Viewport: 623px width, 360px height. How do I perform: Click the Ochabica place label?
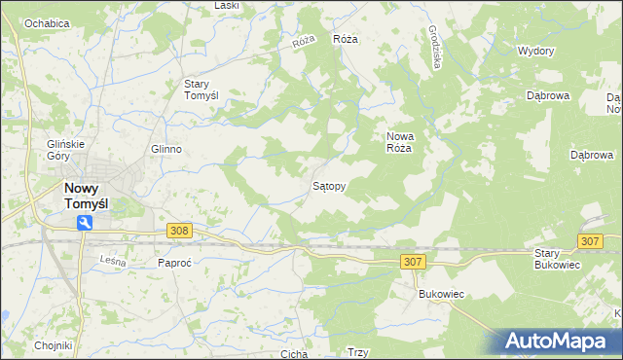click(x=47, y=22)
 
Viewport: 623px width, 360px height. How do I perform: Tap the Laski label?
click(x=227, y=6)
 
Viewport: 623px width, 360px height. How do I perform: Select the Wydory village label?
click(x=536, y=51)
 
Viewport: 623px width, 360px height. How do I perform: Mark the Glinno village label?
click(x=166, y=149)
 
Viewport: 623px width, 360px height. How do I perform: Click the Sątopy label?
click(x=328, y=185)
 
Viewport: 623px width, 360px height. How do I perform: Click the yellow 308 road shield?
click(x=178, y=231)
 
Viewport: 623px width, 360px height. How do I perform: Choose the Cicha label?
click(x=293, y=354)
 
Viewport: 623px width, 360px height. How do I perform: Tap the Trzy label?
click(x=357, y=353)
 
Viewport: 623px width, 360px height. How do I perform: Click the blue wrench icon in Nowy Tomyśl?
click(x=85, y=224)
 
